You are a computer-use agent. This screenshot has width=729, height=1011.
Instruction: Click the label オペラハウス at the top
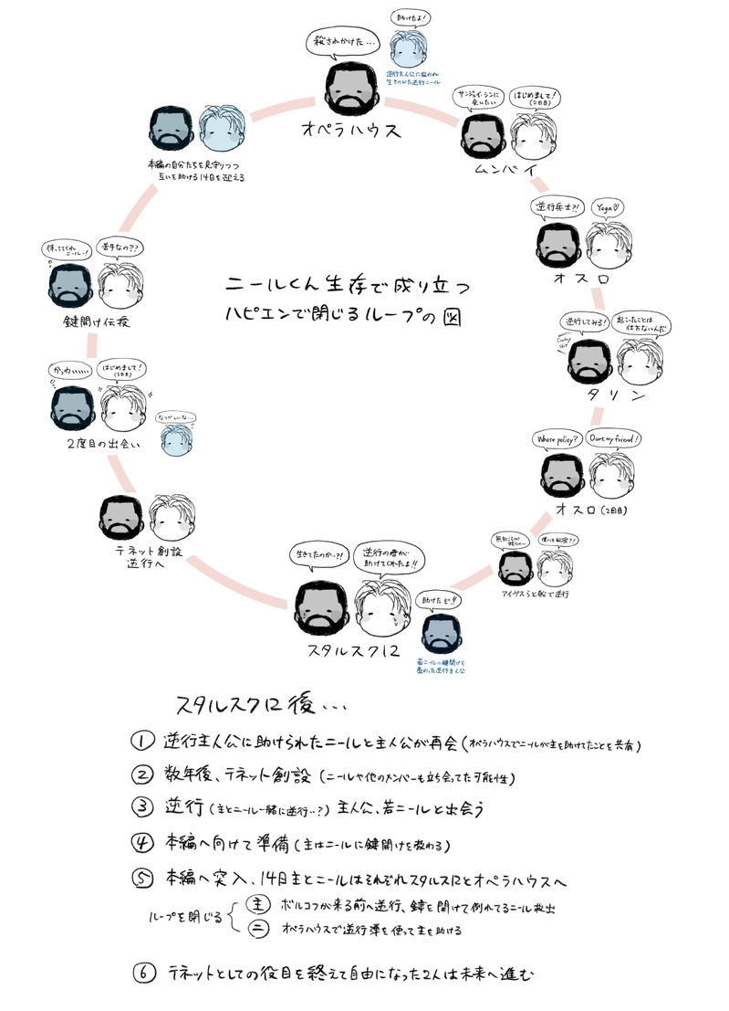pos(351,130)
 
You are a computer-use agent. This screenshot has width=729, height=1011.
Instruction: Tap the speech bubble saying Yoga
pos(609,206)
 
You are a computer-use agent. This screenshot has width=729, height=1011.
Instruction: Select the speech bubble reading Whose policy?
pos(558,440)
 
